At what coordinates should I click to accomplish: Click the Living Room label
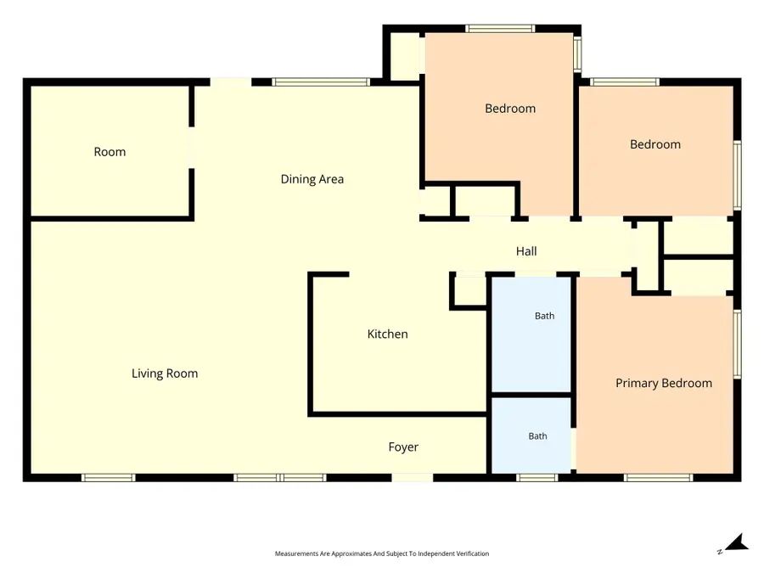click(165, 374)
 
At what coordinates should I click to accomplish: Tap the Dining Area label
click(312, 179)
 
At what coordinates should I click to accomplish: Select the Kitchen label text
click(387, 334)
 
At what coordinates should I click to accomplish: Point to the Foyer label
click(403, 447)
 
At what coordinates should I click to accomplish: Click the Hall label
click(526, 251)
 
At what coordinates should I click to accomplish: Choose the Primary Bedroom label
click(664, 384)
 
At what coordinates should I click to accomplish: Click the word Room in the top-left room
click(110, 152)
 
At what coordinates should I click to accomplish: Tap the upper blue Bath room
click(531, 334)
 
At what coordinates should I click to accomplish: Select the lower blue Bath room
click(531, 435)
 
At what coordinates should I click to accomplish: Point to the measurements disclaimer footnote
click(382, 553)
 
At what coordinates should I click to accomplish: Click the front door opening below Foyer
click(413, 477)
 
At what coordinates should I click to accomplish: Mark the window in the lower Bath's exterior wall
click(537, 477)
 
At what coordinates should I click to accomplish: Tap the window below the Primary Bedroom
click(658, 477)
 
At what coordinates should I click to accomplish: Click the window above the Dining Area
click(321, 81)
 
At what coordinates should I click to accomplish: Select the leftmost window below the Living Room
click(108, 477)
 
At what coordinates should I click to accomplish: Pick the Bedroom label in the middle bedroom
click(510, 109)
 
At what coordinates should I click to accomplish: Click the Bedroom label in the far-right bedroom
click(655, 144)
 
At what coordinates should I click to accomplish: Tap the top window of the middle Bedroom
click(500, 28)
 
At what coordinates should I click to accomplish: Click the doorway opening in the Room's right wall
click(192, 148)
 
